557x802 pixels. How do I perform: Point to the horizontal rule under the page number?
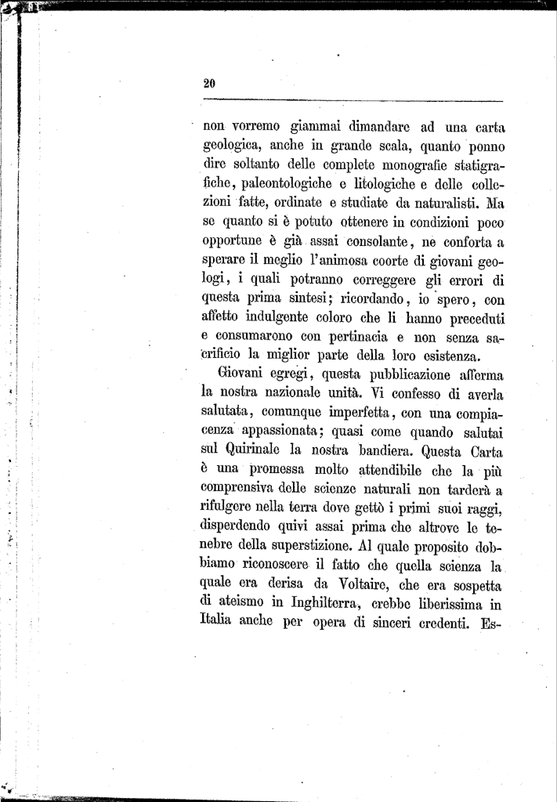[353, 101]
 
